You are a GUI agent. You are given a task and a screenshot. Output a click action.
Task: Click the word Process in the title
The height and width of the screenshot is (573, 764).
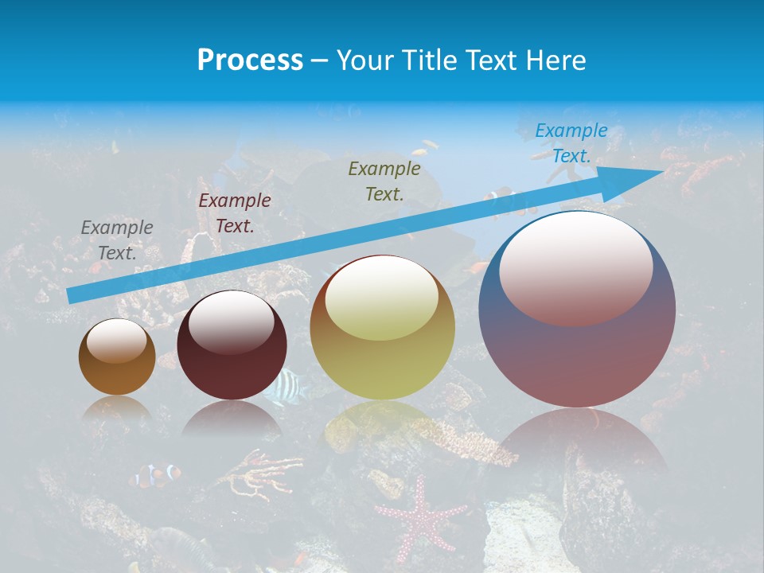point(250,60)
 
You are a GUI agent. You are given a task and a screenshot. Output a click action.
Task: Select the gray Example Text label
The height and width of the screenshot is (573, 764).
point(117,240)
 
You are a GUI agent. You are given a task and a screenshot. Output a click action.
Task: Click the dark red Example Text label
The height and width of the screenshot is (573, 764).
point(235,213)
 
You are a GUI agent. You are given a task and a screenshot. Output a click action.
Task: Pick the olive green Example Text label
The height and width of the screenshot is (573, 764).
point(384,181)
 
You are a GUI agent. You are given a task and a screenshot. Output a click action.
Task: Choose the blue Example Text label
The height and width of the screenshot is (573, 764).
point(571,143)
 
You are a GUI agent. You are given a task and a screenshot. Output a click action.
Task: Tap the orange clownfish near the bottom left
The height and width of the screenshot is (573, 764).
point(156,475)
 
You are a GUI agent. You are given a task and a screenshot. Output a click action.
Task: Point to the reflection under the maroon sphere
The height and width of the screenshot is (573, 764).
point(232,419)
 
